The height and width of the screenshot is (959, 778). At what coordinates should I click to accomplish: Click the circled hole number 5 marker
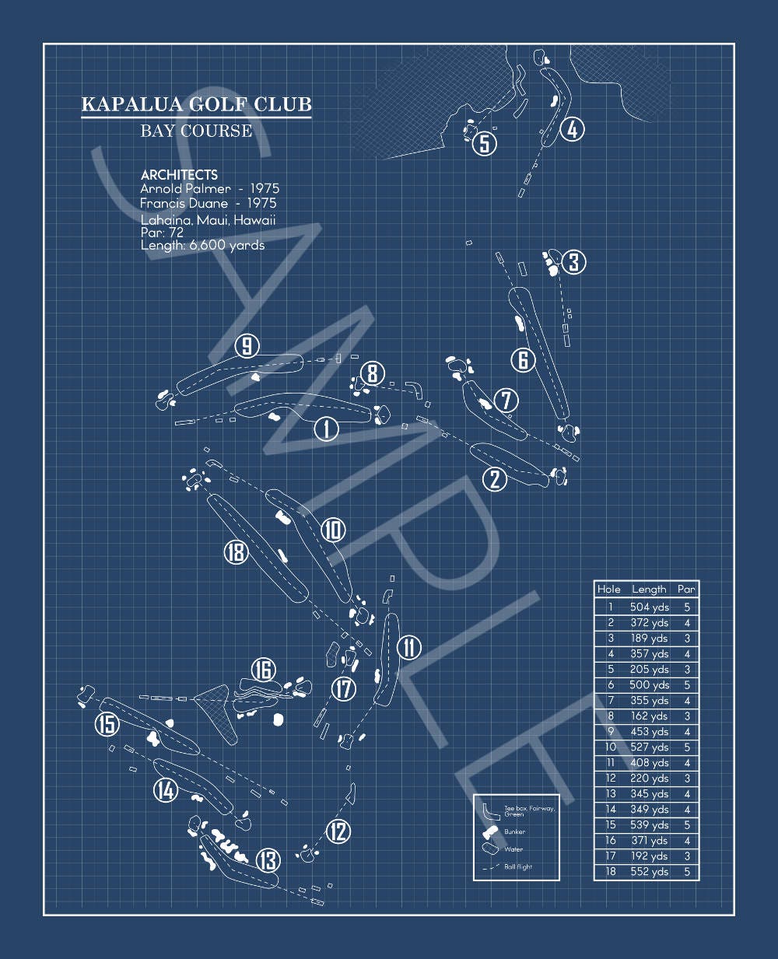pos(485,144)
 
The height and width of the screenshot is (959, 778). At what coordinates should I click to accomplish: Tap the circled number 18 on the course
pos(236,551)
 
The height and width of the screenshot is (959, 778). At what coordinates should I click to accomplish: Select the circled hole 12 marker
pos(338,831)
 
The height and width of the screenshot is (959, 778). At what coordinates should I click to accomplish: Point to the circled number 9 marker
pos(247,346)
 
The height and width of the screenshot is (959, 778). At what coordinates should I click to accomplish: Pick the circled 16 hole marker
pos(264,669)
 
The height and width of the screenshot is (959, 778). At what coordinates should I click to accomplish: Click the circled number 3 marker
pos(574,261)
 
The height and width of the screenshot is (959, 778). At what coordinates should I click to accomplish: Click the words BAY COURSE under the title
pos(196,131)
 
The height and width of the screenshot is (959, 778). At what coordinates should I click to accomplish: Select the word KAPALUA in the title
pos(133,104)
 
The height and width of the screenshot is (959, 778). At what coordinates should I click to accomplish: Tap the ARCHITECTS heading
pos(179,175)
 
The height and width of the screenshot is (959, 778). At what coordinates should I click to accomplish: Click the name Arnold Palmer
pos(185,188)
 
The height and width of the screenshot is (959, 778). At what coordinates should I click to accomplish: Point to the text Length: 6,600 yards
pos(202,246)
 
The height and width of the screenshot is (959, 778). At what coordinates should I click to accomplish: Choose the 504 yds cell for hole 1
pos(649,607)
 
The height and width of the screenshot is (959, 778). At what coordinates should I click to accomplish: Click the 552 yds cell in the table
pos(649,871)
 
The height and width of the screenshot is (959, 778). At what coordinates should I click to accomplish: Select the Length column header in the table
pos(649,590)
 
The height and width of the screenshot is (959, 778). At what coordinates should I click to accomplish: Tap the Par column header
pos(686,589)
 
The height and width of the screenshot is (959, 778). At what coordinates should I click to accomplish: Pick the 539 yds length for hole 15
pos(649,824)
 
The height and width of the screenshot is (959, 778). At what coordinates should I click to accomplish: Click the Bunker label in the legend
pos(514,831)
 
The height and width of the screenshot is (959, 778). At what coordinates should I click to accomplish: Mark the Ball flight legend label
pos(518,866)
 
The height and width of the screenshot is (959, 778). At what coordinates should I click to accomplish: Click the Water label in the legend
pos(513,849)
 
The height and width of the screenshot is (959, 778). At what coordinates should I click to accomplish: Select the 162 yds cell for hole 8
pos(649,716)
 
